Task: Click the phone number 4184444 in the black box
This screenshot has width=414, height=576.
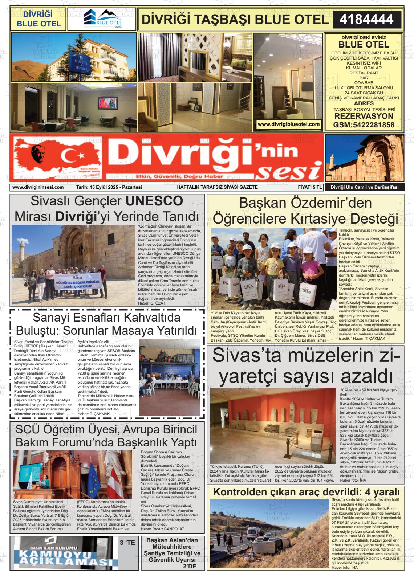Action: tap(366, 19)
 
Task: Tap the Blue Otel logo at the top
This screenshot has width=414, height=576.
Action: tap(102, 19)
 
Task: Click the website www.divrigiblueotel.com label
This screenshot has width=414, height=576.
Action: tap(289, 124)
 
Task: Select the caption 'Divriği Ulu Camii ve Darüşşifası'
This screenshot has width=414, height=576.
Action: tap(364, 187)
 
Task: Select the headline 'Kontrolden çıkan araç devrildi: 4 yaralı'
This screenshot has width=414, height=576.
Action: tap(306, 492)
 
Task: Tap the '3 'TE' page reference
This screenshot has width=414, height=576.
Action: tap(127, 543)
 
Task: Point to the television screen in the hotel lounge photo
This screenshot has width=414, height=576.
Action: tap(108, 103)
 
